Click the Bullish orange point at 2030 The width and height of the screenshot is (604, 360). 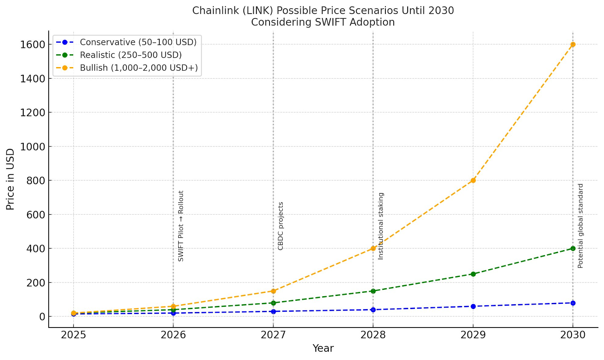pos(573,45)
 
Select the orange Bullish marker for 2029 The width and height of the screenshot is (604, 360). pos(473,180)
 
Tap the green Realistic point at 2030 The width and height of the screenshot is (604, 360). pos(573,248)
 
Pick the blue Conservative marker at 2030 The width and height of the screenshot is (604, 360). pos(573,303)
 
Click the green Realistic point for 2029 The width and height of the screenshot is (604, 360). pos(473,274)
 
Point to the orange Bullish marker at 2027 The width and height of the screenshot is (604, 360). pos(273,291)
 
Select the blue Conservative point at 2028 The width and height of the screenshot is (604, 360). pos(373,310)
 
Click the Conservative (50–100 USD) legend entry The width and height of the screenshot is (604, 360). pos(138,42)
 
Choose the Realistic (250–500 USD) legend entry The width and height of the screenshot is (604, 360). pos(131,55)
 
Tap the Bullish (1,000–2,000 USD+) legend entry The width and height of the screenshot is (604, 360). pos(139,68)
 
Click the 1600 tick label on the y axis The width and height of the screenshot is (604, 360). pos(32,45)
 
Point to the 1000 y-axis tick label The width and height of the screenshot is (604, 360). pos(32,146)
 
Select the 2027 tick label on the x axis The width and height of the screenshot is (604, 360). pos(273,335)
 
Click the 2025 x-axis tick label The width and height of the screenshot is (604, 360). pos(74,335)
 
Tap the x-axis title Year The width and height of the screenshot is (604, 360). pos(323,348)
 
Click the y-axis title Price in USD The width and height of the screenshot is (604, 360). pos(10,179)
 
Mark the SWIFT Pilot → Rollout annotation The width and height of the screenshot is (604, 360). pos(181,226)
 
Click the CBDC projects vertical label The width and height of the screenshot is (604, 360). pos(280,226)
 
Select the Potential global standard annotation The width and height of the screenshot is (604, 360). pos(580,226)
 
